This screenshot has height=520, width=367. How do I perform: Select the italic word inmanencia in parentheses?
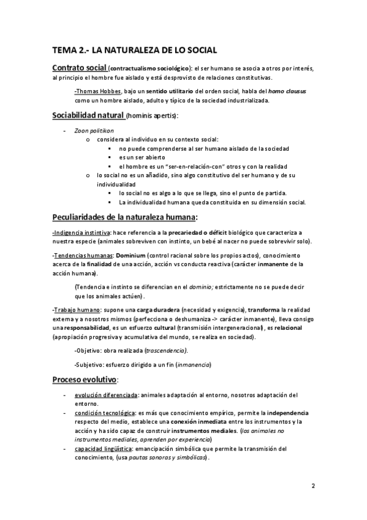pos(193,365)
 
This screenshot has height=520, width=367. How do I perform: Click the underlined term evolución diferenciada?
pos(105,396)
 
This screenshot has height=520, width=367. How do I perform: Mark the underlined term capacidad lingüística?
pos(102,449)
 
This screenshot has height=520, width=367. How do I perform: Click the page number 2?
pos(312,486)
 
